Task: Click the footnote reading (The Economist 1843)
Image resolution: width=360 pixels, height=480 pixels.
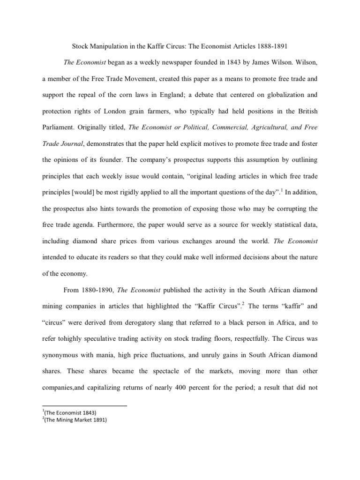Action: [70, 412]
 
